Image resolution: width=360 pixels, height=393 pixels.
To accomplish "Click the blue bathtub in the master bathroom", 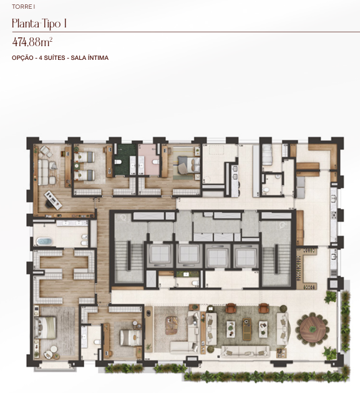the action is pyautogui.click(x=45, y=241).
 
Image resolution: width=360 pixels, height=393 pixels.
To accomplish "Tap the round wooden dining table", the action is pyautogui.click(x=313, y=329).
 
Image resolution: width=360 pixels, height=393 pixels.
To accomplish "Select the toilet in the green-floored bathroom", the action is pyautogui.click(x=118, y=162).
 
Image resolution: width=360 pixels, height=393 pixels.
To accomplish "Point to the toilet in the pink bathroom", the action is pyautogui.click(x=155, y=162).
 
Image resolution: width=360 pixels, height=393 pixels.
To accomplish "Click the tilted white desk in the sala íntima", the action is pyautogui.click(x=53, y=200).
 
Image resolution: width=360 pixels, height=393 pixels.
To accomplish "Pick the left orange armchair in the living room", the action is pyautogui.click(x=231, y=308).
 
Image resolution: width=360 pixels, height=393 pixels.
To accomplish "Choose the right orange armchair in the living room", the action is pyautogui.click(x=263, y=308).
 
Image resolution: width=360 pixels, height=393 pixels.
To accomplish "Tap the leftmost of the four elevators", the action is pyautogui.click(x=160, y=255).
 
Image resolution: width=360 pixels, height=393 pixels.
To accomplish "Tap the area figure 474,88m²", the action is pyautogui.click(x=32, y=42).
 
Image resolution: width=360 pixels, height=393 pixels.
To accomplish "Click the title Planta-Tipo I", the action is pyautogui.click(x=39, y=24).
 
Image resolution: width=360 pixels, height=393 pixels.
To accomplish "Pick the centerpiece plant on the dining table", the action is pyautogui.click(x=313, y=329).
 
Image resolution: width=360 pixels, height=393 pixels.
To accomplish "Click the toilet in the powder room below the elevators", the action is pyautogui.click(x=195, y=283).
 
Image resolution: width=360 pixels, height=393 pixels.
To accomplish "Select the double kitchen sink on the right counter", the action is pyautogui.click(x=333, y=200).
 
